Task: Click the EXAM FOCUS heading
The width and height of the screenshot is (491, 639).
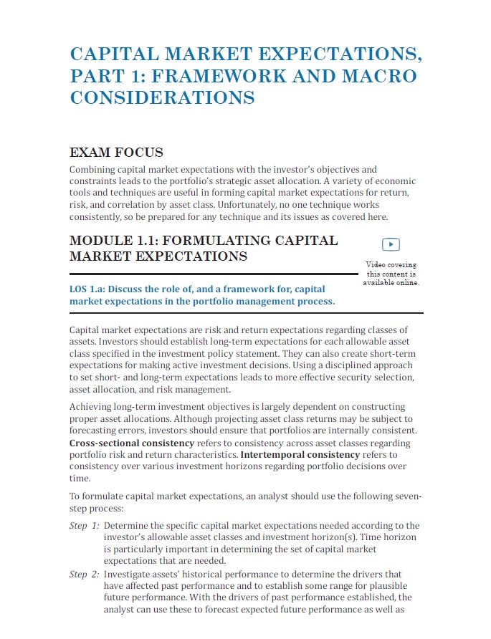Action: click(116, 153)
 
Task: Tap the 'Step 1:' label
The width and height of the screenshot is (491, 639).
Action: click(84, 526)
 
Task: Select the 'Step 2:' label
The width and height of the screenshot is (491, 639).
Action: click(84, 575)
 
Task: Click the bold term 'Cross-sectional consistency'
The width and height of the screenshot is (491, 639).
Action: click(133, 444)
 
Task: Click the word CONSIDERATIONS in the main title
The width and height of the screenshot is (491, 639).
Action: click(162, 98)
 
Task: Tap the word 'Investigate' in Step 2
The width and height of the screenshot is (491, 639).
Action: click(131, 575)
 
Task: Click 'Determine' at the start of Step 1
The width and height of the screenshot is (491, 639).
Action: click(129, 526)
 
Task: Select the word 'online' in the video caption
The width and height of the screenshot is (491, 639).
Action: click(406, 283)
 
